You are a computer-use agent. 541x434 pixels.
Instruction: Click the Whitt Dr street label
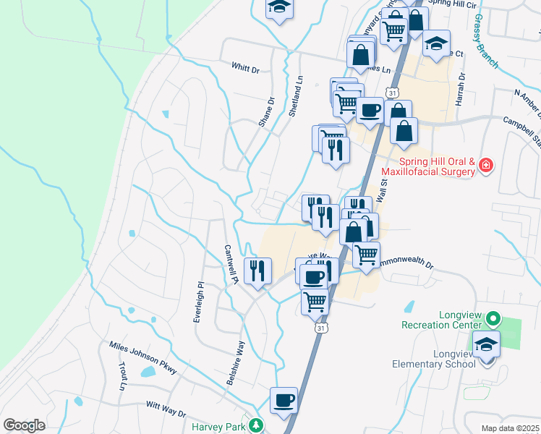245,68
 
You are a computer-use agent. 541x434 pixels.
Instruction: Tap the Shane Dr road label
267,112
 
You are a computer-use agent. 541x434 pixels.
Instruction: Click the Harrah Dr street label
460,89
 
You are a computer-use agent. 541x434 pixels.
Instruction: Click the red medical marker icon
486,166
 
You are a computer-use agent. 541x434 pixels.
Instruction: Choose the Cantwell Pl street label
231,261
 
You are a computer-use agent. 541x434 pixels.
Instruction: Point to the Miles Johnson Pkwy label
143,357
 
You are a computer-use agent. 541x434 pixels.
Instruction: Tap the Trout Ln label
123,378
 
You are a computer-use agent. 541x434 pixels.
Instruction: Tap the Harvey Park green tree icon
255,426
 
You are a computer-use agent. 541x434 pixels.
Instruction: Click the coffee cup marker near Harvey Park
284,400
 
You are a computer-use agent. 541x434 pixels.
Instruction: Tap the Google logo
24,425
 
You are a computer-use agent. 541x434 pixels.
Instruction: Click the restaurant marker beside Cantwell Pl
257,271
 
